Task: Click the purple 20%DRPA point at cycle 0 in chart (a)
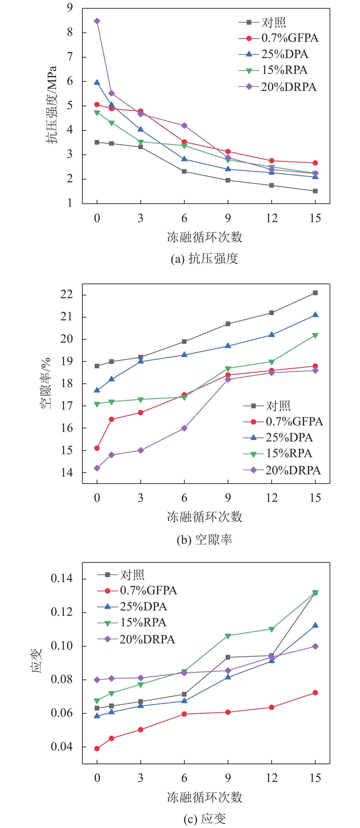[97, 21]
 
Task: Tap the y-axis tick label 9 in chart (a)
[70, 8]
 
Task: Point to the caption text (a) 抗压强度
[204, 258]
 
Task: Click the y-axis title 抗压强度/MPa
[51, 105]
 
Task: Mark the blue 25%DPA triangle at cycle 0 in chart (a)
[97, 83]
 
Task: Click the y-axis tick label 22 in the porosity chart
[67, 295]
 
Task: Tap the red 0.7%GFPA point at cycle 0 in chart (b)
[97, 448]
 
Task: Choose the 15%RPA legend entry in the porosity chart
[278, 454]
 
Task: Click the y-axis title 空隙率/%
[46, 383]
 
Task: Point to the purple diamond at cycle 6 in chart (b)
[184, 428]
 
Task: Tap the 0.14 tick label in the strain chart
[62, 579]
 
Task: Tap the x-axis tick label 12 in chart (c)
[272, 778]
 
